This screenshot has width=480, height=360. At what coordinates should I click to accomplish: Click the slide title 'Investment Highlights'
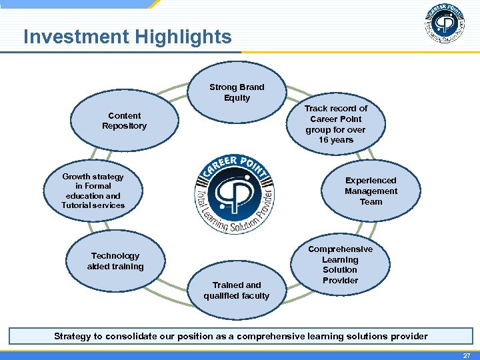pyautogui.click(x=127, y=37)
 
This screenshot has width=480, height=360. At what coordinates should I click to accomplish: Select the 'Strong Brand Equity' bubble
pyautogui.click(x=237, y=93)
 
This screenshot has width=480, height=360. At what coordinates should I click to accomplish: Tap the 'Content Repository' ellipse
pyautogui.click(x=124, y=121)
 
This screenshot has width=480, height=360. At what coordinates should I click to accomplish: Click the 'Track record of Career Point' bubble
pyautogui.click(x=335, y=124)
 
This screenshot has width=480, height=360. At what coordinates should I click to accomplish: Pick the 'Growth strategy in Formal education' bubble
pyautogui.click(x=93, y=191)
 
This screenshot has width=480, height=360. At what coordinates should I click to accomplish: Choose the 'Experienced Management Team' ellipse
pyautogui.click(x=371, y=191)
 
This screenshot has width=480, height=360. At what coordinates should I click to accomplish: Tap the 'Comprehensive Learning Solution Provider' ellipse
pyautogui.click(x=340, y=265)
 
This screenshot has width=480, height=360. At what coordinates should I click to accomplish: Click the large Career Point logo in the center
pyautogui.click(x=235, y=195)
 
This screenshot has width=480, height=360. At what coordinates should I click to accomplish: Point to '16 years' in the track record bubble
pyautogui.click(x=335, y=140)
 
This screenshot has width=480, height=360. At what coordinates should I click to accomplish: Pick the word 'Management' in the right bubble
pyautogui.click(x=371, y=191)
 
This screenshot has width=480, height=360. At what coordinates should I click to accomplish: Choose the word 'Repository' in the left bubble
pyautogui.click(x=124, y=126)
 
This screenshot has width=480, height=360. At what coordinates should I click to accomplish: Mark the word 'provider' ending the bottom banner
pyautogui.click(x=407, y=336)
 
